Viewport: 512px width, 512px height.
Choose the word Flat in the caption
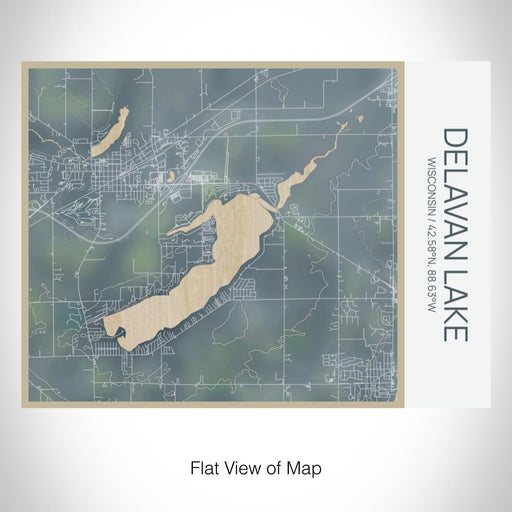click(x=204, y=467)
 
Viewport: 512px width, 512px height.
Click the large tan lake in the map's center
click(x=200, y=270)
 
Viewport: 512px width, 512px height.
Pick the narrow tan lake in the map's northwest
click(x=109, y=132)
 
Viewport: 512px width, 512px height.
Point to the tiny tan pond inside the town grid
click(x=173, y=177)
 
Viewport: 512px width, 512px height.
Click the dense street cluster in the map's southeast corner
click(x=365, y=370)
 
